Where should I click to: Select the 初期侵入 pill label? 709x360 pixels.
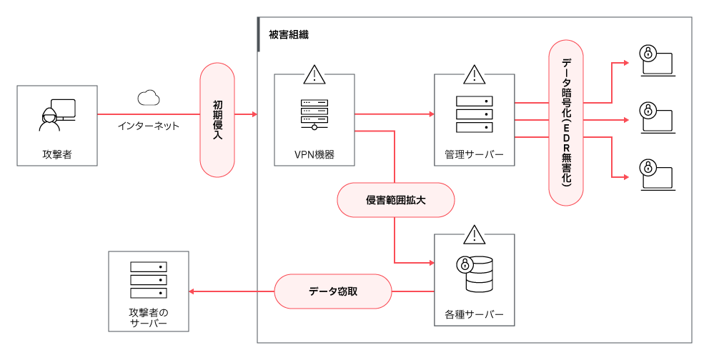point(217,120)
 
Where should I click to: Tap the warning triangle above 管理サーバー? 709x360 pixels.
point(474,74)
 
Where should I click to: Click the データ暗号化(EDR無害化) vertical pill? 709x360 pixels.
point(566,121)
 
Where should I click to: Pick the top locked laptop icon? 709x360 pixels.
point(657,61)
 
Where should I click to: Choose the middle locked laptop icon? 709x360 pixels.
point(657,117)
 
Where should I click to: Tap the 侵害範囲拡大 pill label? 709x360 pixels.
point(396,201)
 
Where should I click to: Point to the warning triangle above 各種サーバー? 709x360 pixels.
point(474,234)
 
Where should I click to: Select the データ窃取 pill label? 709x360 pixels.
point(333,291)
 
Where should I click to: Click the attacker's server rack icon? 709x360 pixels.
point(149,280)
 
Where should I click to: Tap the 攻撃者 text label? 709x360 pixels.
point(57,154)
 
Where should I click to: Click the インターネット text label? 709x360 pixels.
point(149,126)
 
